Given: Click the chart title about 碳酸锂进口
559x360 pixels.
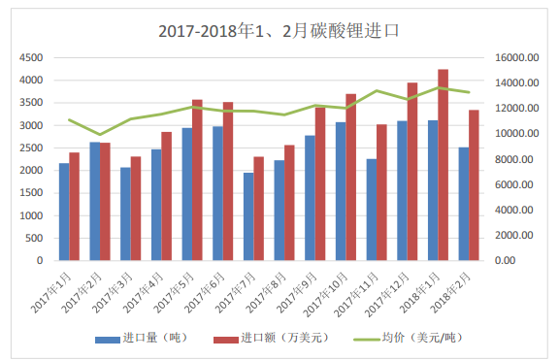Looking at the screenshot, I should [x=279, y=30].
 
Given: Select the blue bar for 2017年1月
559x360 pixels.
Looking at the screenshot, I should [x=64, y=212].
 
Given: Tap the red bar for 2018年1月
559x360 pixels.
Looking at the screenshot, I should [x=443, y=165].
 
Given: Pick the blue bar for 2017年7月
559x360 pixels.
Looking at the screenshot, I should [x=248, y=216].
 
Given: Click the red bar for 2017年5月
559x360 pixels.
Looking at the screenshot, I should [x=197, y=180].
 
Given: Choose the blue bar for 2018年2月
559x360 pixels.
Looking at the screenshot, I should [x=464, y=204].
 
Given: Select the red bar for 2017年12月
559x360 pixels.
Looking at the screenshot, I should [x=412, y=172].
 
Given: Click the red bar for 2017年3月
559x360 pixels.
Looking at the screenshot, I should [x=136, y=209].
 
